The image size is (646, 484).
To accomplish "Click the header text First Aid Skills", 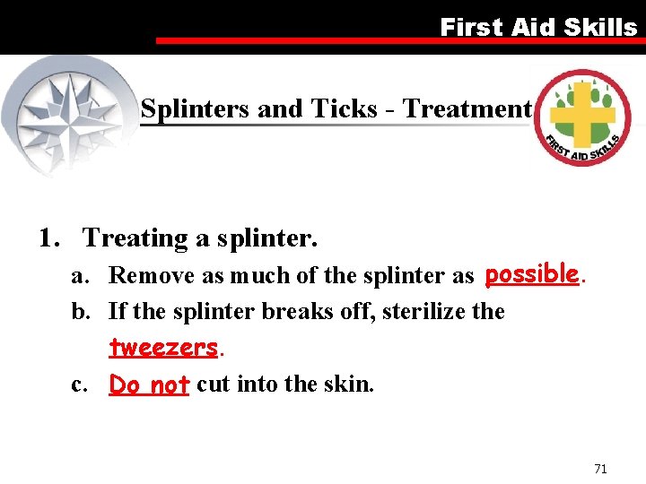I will point(537,27).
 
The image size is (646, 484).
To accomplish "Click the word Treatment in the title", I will point(467,109).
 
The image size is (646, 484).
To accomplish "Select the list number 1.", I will point(48,238).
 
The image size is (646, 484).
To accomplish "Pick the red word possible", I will point(531,273).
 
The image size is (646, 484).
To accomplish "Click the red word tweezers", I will point(163,347).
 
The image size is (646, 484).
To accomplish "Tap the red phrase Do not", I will point(149,385).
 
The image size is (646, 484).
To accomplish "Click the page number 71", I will point(600,469).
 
